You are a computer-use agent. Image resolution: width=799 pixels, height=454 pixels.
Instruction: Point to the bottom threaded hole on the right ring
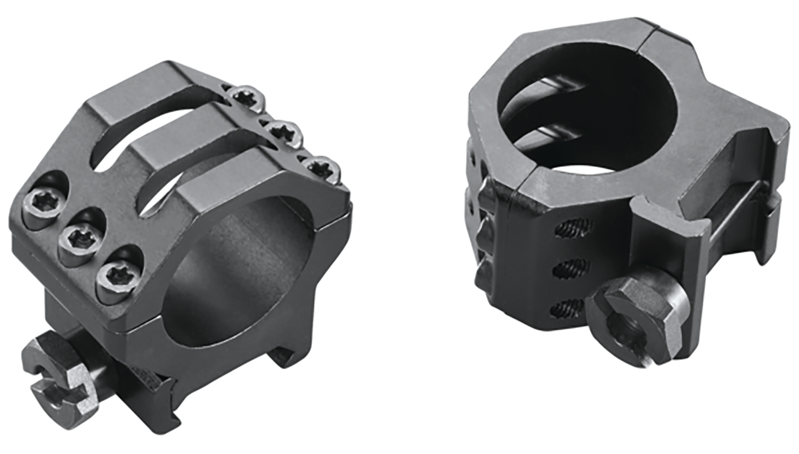coord(568,307)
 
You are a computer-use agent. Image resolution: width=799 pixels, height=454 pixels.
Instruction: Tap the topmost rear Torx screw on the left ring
coord(247,97)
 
